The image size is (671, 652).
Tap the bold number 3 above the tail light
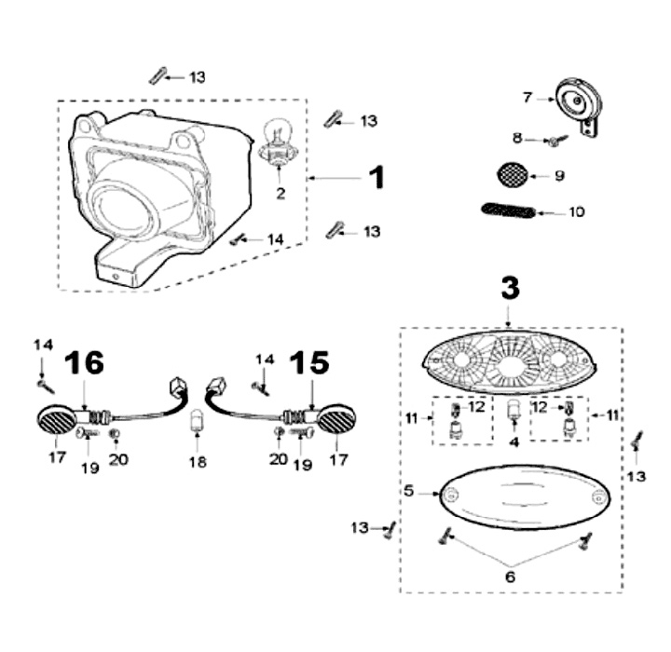click(x=509, y=288)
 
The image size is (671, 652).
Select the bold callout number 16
click(x=85, y=364)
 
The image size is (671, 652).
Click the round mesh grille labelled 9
click(x=510, y=174)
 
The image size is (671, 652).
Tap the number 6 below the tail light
click(x=510, y=577)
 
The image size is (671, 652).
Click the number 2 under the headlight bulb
click(x=278, y=193)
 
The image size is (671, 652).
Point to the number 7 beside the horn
click(x=527, y=96)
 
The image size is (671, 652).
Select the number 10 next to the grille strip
click(x=576, y=212)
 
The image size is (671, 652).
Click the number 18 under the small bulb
click(x=197, y=461)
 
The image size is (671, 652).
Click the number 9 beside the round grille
click(x=558, y=175)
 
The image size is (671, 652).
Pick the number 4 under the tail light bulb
click(x=512, y=442)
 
